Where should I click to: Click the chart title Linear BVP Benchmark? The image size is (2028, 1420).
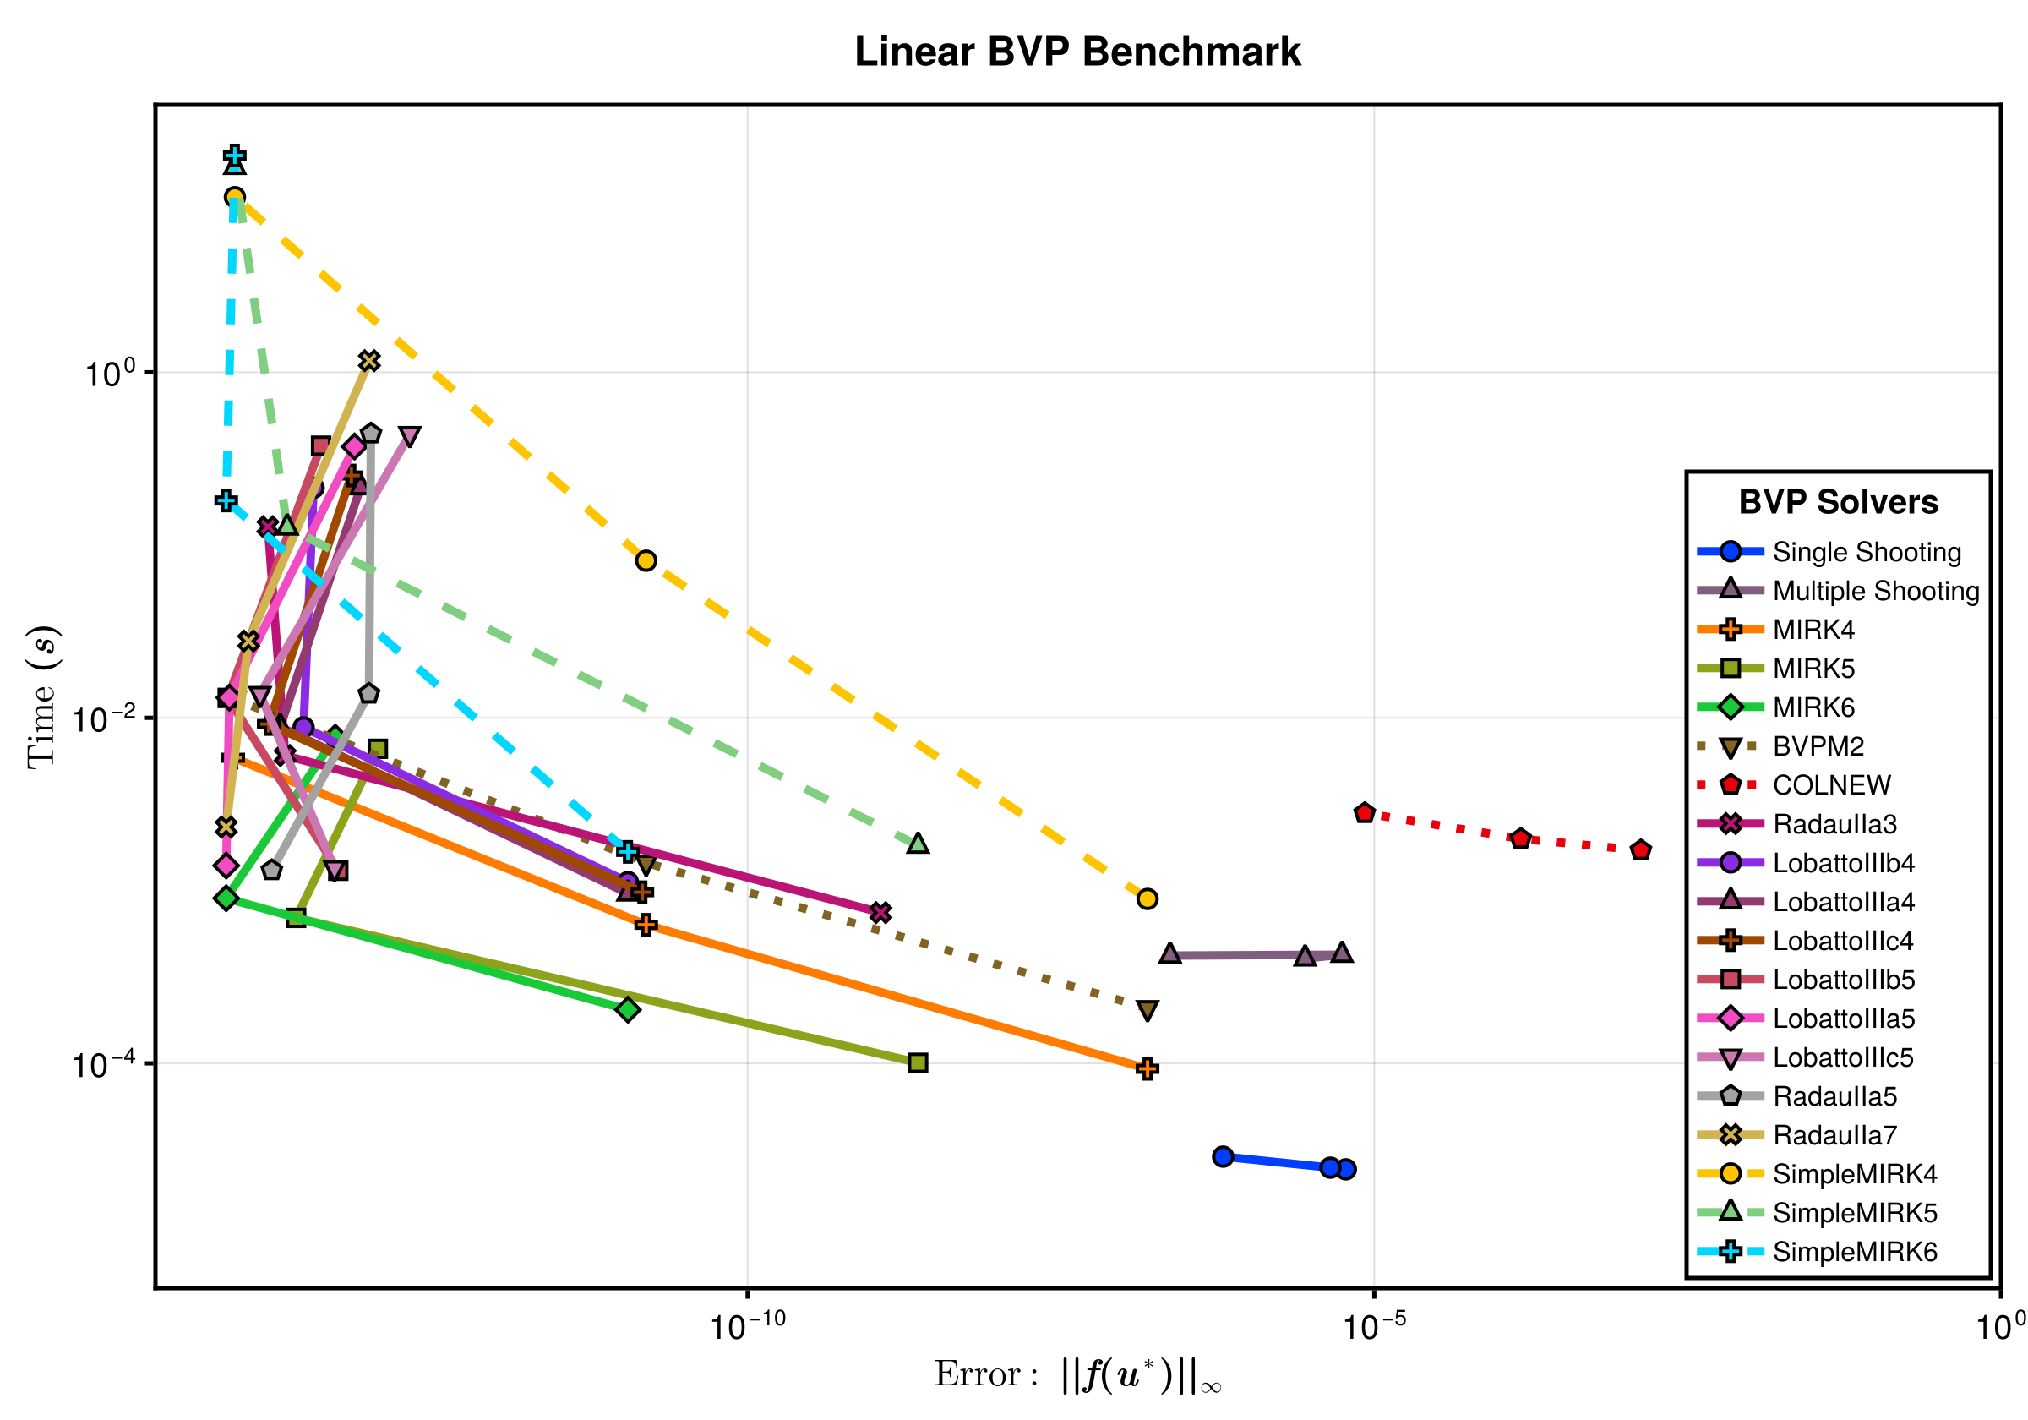click(x=1077, y=52)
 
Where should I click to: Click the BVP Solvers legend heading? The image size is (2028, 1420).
click(x=1837, y=502)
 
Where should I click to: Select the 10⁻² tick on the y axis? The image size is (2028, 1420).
click(x=104, y=718)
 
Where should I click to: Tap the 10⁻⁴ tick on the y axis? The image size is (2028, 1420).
click(x=104, y=1064)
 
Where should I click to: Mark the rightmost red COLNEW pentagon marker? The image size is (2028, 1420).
click(x=1640, y=850)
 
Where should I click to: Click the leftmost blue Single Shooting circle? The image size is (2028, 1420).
click(x=1223, y=1156)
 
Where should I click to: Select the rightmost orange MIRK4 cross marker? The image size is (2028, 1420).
click(x=1147, y=1069)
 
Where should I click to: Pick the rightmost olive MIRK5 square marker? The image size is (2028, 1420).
click(x=918, y=1063)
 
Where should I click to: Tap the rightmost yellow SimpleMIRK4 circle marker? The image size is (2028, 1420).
click(x=1147, y=898)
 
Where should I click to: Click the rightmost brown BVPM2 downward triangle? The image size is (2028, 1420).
click(x=1147, y=1010)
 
